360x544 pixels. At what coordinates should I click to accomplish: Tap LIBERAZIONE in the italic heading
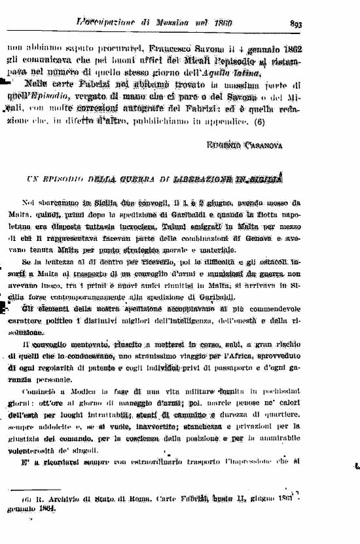click(x=221, y=177)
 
